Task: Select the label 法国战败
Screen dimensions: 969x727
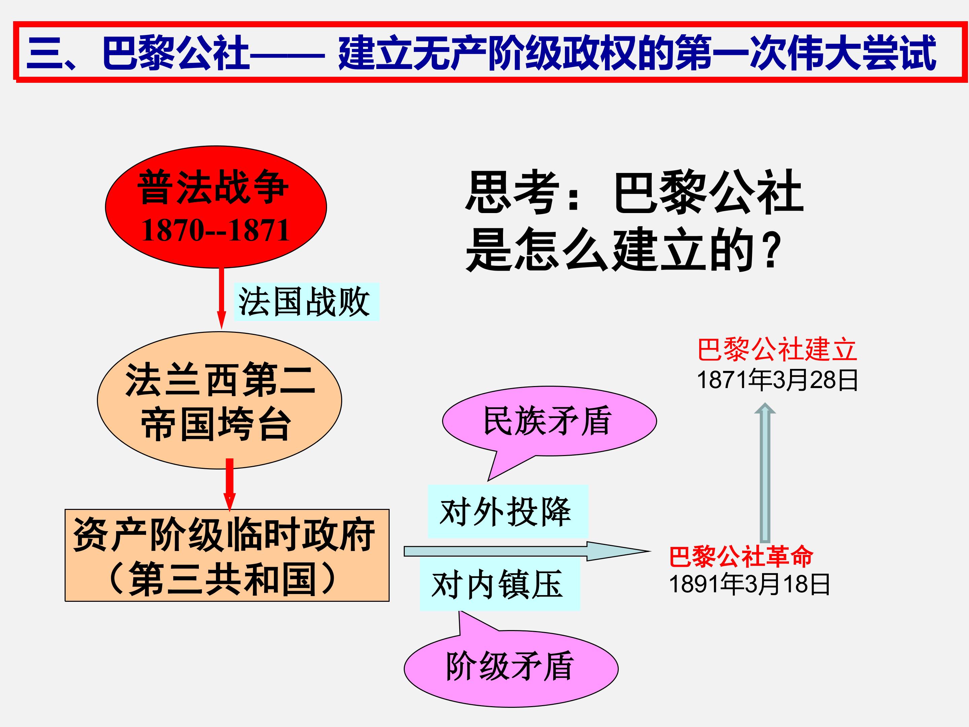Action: pyautogui.click(x=306, y=302)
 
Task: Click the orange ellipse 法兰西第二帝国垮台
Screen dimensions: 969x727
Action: pyautogui.click(x=219, y=400)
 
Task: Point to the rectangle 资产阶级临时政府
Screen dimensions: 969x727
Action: pyautogui.click(x=227, y=555)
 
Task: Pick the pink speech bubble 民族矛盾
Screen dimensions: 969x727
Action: pyautogui.click(x=549, y=421)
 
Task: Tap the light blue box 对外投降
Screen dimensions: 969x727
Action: pyautogui.click(x=508, y=511)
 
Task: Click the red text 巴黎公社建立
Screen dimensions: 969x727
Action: pyautogui.click(x=777, y=350)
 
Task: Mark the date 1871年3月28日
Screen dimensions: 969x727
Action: pyautogui.click(x=777, y=380)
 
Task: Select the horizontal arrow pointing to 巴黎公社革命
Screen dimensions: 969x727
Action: pyautogui.click(x=527, y=551)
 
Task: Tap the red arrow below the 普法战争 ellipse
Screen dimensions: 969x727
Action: pyautogui.click(x=222, y=298)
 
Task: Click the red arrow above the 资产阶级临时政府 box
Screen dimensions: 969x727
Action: pyautogui.click(x=229, y=485)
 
